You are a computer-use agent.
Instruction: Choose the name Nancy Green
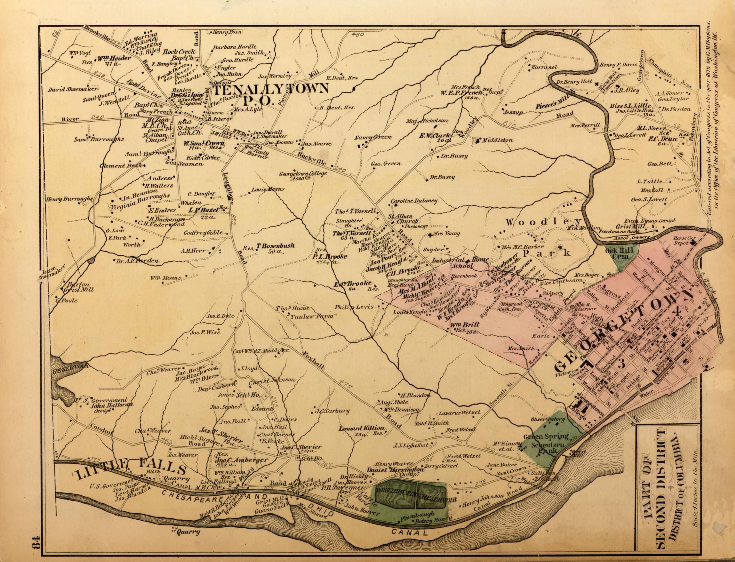(x=373, y=137)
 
